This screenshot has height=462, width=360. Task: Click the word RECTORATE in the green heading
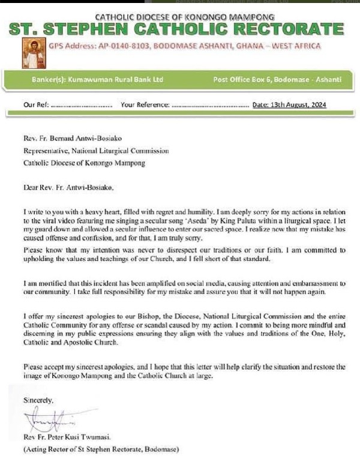coord(286,28)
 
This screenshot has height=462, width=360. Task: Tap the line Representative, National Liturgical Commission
coord(96,151)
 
